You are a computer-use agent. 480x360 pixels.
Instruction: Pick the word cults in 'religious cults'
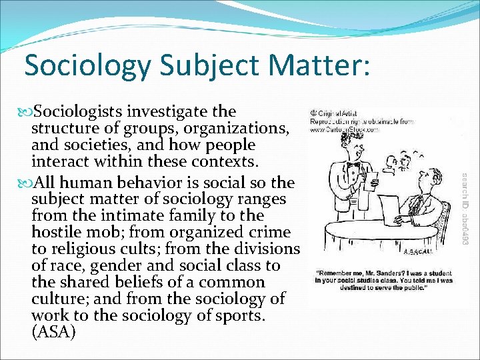click(143, 249)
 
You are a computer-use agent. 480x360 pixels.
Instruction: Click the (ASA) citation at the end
click(53, 331)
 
